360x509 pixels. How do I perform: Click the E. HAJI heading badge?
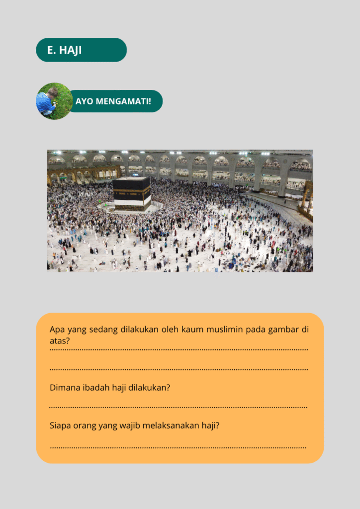(81, 50)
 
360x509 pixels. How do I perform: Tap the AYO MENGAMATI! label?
(113, 101)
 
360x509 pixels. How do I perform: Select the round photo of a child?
(54, 101)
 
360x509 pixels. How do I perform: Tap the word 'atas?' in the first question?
(59, 341)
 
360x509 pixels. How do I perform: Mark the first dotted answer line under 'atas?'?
(179, 350)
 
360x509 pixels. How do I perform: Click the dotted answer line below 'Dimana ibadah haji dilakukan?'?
(179, 408)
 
